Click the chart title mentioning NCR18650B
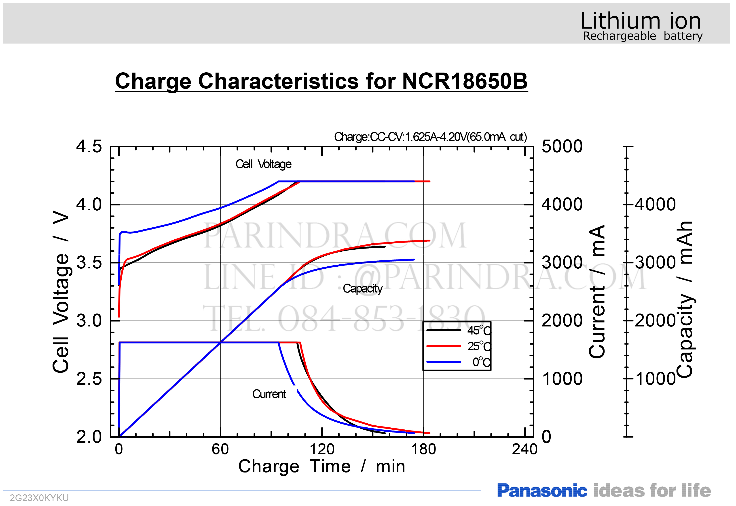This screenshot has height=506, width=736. (321, 81)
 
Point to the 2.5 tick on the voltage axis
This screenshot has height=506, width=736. (89, 379)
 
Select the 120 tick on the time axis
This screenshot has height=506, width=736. (321, 449)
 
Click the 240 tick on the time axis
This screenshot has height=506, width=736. (524, 449)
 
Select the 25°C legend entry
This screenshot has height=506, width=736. (479, 346)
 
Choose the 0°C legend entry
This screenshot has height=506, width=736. (481, 362)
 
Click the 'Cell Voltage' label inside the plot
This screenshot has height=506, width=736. (263, 164)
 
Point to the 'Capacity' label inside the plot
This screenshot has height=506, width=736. (362, 289)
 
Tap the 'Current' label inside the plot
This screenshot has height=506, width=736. (269, 394)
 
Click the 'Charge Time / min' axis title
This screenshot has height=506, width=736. (321, 466)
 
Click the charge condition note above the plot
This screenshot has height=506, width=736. (430, 137)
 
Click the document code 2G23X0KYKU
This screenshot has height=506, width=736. (39, 498)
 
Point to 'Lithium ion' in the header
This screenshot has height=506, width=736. (641, 21)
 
